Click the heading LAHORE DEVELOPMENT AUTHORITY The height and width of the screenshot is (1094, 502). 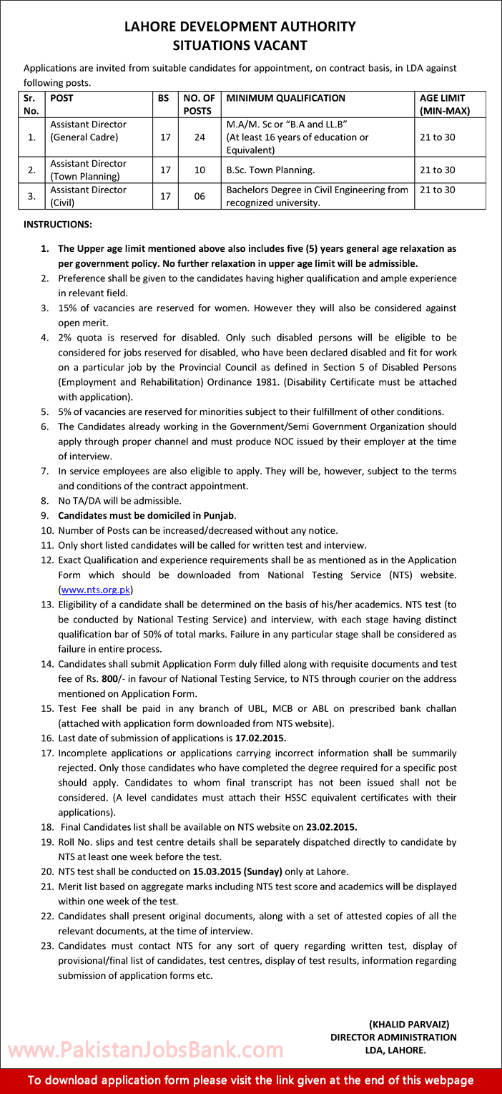click(x=240, y=27)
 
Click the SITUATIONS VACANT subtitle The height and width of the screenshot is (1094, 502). click(x=240, y=46)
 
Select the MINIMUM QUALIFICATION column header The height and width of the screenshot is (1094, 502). click(x=285, y=99)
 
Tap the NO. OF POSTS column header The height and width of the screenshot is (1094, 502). click(x=199, y=104)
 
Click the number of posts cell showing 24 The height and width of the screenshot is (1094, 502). click(x=199, y=137)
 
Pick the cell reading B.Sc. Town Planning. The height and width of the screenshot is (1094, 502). click(x=270, y=170)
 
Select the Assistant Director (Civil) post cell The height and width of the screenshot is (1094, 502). click(x=88, y=196)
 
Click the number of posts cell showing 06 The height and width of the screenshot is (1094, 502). click(x=199, y=196)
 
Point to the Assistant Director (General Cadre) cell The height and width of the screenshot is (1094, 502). click(x=88, y=131)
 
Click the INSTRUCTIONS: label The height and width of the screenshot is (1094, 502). click(x=58, y=225)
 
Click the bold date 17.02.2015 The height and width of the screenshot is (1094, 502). click(x=265, y=738)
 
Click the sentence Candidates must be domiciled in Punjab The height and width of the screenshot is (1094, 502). click(x=147, y=515)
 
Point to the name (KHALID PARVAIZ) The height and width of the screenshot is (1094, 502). click(x=409, y=1025)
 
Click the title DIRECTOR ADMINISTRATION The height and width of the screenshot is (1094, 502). click(x=393, y=1037)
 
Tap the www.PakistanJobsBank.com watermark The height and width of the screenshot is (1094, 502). click(x=145, y=1050)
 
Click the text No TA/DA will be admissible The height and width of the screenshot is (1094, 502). click(x=119, y=501)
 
